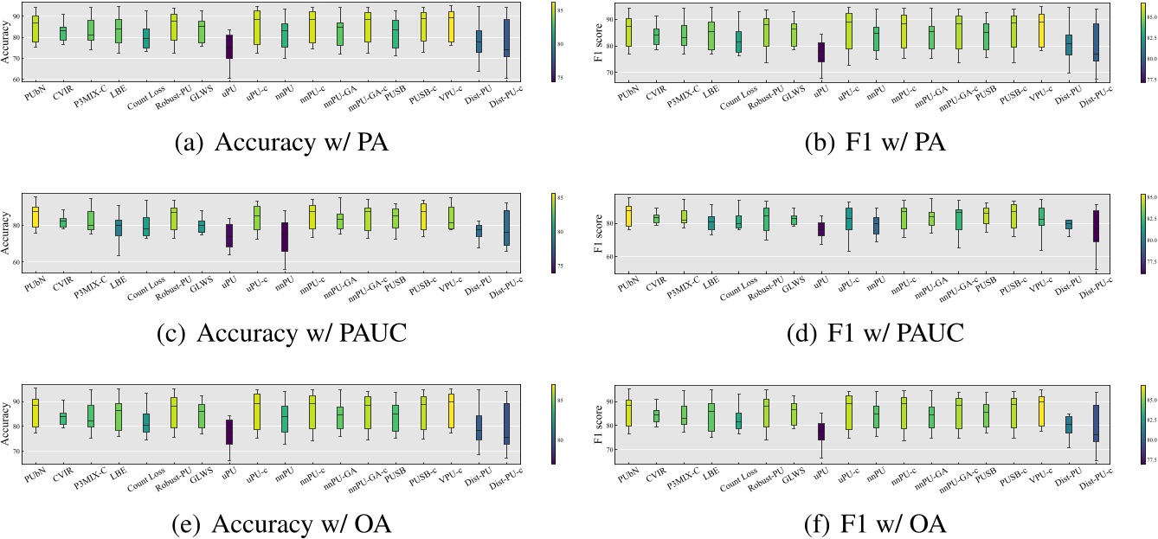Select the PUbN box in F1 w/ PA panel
click(x=627, y=33)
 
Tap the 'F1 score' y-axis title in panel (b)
click(x=594, y=42)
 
